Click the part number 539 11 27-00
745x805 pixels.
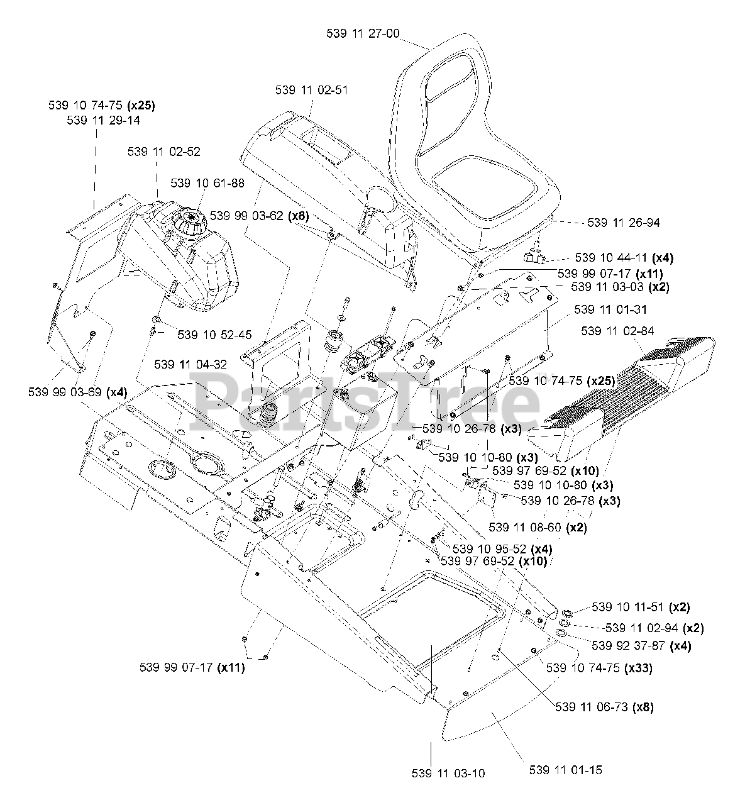tap(362, 34)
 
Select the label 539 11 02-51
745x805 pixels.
tap(311, 90)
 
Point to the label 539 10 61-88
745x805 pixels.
tap(207, 183)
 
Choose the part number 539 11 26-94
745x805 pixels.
tap(624, 223)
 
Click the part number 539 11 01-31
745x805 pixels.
tap(610, 309)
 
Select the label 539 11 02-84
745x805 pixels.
tap(617, 331)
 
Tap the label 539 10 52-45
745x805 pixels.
tap(214, 335)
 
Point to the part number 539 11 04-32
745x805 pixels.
tap(190, 364)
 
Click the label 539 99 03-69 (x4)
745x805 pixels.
tap(78, 392)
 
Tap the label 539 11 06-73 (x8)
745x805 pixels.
tap(604, 706)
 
